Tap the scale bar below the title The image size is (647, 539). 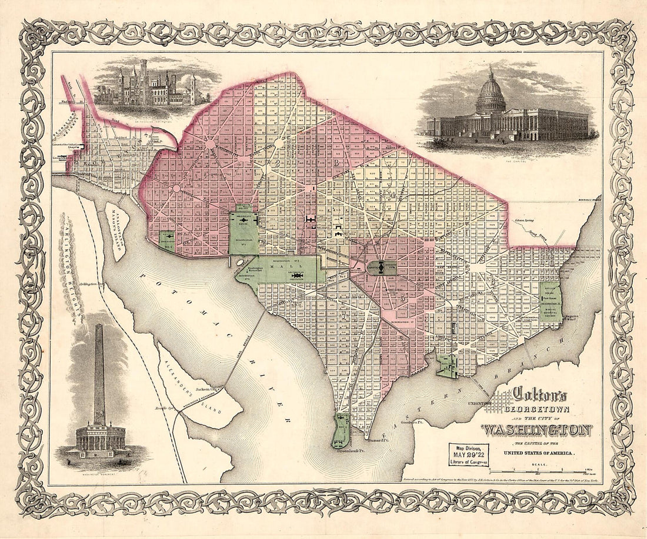541,472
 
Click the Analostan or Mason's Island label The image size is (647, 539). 117,225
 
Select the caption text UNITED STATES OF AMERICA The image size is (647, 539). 538,453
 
